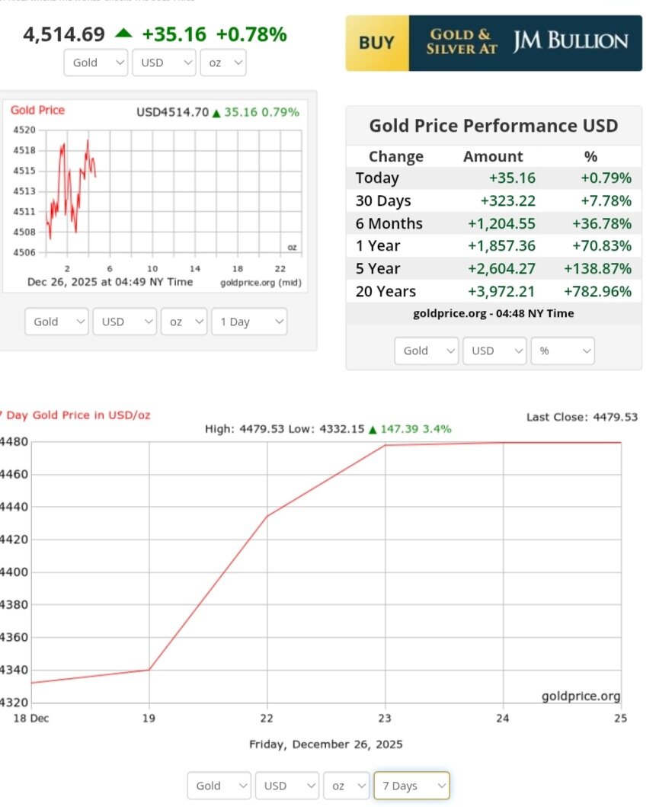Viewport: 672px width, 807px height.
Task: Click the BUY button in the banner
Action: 376,43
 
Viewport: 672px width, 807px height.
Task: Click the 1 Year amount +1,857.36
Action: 507,246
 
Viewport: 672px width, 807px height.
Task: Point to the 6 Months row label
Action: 389,223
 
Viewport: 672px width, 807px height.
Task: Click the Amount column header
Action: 493,156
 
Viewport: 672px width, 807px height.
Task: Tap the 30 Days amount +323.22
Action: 507,200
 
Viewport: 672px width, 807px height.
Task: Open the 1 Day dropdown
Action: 249,322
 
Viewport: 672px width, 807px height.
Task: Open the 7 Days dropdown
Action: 411,786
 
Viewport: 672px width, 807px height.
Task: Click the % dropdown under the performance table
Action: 562,351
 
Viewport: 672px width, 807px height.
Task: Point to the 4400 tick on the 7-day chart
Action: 14,572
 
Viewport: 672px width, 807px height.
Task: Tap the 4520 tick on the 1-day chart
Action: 24,130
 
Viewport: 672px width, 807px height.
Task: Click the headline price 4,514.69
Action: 64,34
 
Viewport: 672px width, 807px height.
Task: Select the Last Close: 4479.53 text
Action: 581,417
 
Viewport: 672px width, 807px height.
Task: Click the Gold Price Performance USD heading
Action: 493,126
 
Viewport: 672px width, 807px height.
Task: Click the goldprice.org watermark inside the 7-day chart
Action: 581,697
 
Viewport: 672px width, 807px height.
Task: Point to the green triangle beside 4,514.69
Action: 123,34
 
